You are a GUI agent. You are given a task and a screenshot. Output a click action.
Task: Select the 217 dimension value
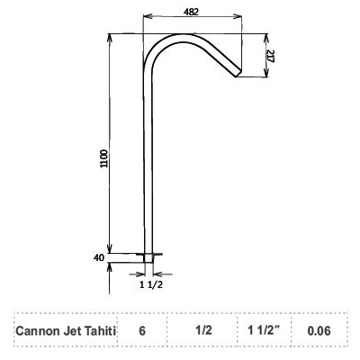(x=272, y=56)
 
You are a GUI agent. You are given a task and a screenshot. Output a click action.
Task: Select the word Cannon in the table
(x=38, y=330)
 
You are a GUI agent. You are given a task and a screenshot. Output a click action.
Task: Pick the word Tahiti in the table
(x=102, y=330)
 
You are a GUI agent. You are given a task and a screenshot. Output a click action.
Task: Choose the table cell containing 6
(x=141, y=330)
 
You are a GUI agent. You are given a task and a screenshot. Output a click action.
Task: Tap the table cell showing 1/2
(x=203, y=330)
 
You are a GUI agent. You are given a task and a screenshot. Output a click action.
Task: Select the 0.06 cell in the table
(x=319, y=330)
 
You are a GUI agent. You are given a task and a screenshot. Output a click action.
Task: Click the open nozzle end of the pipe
(x=240, y=75)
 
